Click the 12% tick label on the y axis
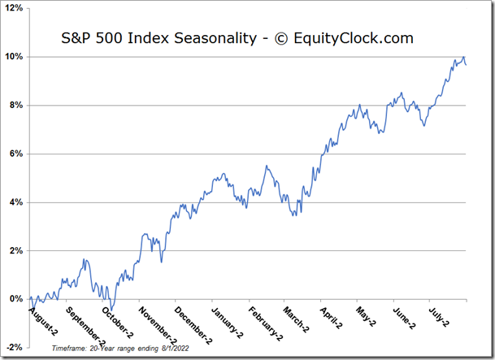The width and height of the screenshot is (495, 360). coord(14,8)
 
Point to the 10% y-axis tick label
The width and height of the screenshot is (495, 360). coord(14,57)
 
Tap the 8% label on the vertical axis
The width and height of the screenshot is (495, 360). coord(16,106)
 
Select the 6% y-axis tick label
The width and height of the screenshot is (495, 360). coord(16,154)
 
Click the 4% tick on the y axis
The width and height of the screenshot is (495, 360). coord(16,202)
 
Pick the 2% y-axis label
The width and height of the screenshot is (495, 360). coord(16,250)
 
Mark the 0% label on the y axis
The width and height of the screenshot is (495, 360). coord(16,299)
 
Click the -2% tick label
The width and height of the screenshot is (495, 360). coord(15,347)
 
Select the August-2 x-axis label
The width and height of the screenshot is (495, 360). coord(43,319)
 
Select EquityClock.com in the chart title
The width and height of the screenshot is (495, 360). coord(354,38)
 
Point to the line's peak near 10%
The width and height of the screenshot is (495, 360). coord(462,57)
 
